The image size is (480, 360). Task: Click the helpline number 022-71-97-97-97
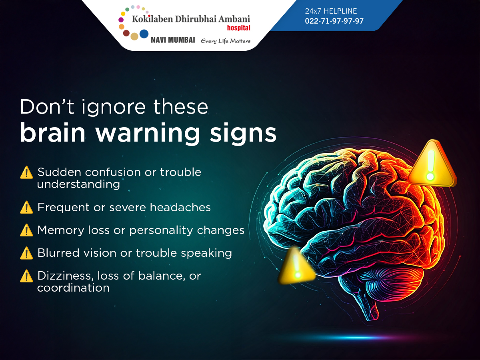334,21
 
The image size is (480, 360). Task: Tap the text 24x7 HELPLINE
331,11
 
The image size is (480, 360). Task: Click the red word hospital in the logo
238,28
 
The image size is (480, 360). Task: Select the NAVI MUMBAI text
173,40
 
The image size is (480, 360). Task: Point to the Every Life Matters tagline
226,41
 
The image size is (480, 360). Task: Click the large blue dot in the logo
144,34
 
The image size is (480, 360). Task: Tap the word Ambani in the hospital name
234,19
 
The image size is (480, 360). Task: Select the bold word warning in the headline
148,133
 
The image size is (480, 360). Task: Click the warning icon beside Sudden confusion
26,172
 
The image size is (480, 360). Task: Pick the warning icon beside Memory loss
26,230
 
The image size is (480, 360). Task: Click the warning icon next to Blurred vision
26,253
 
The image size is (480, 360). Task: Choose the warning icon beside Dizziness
26,276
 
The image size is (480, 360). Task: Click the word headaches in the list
180,207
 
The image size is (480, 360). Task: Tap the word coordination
73,288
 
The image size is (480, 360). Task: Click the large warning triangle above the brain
432,164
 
